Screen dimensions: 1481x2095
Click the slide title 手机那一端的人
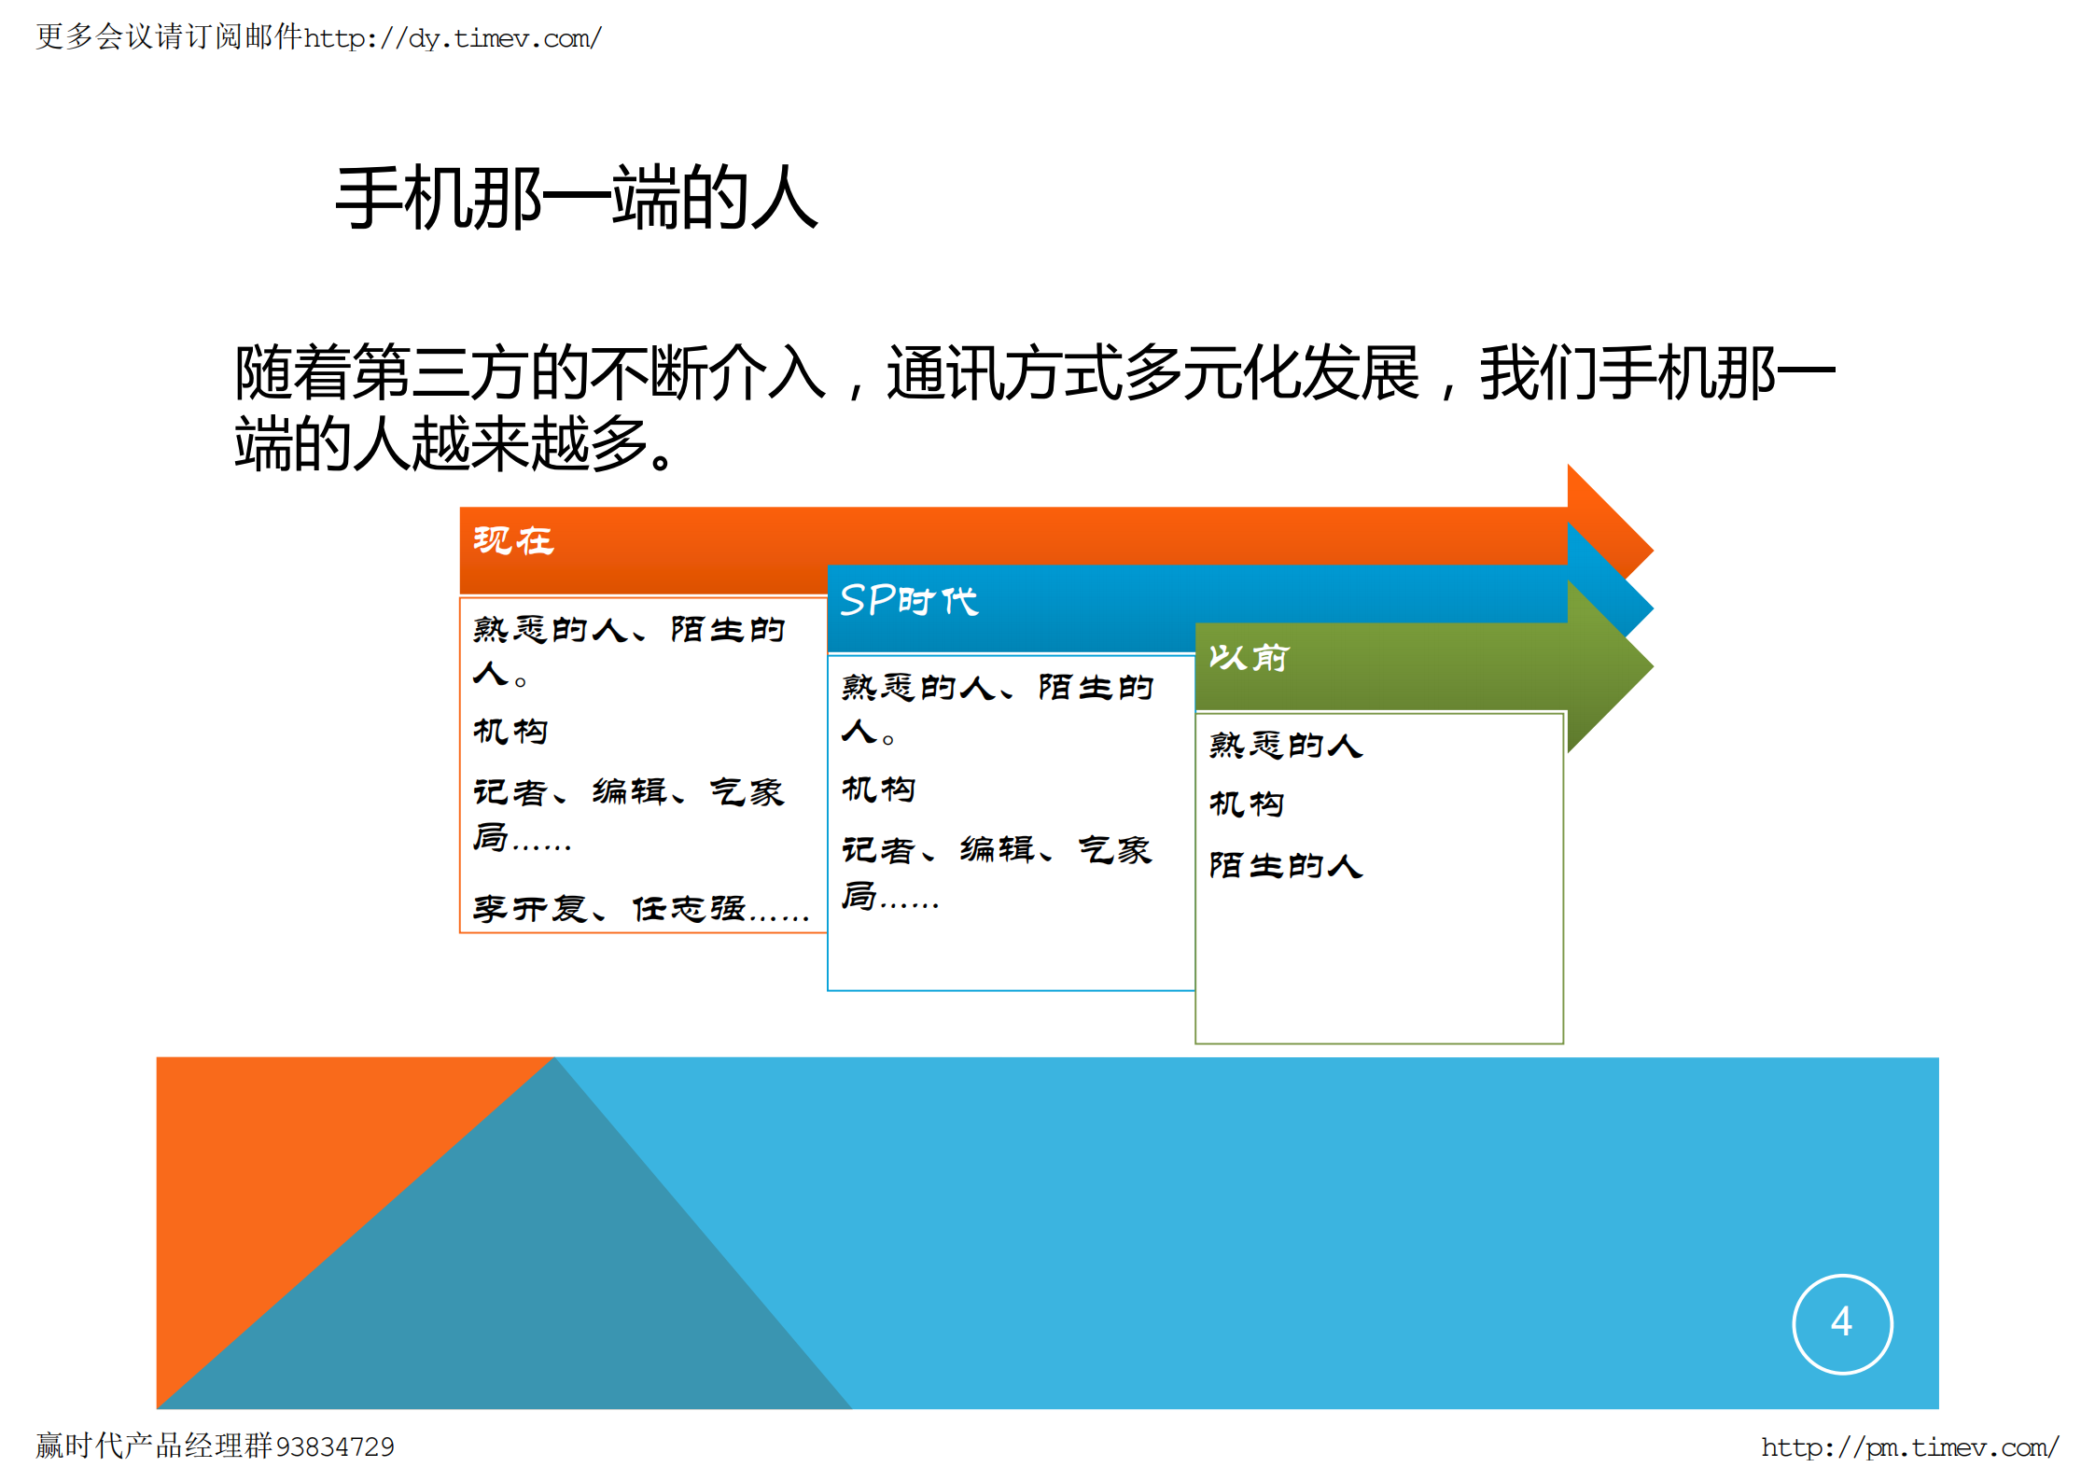[577, 198]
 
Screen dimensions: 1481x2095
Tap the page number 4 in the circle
[1841, 1322]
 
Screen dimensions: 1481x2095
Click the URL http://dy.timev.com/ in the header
[453, 38]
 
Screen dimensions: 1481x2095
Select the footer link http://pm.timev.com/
[1909, 1446]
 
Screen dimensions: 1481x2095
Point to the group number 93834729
[335, 1446]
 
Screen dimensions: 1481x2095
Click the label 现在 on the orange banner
[513, 540]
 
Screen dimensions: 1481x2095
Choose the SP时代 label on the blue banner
[909, 600]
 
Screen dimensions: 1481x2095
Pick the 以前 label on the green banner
[1249, 658]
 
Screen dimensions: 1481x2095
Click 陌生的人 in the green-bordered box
[1286, 865]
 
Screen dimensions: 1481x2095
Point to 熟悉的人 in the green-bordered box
[1286, 745]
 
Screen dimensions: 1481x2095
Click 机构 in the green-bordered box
[1247, 803]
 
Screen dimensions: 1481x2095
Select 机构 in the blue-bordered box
[878, 789]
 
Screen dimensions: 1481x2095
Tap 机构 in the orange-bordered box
[510, 731]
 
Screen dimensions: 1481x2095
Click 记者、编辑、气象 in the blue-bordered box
[997, 849]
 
